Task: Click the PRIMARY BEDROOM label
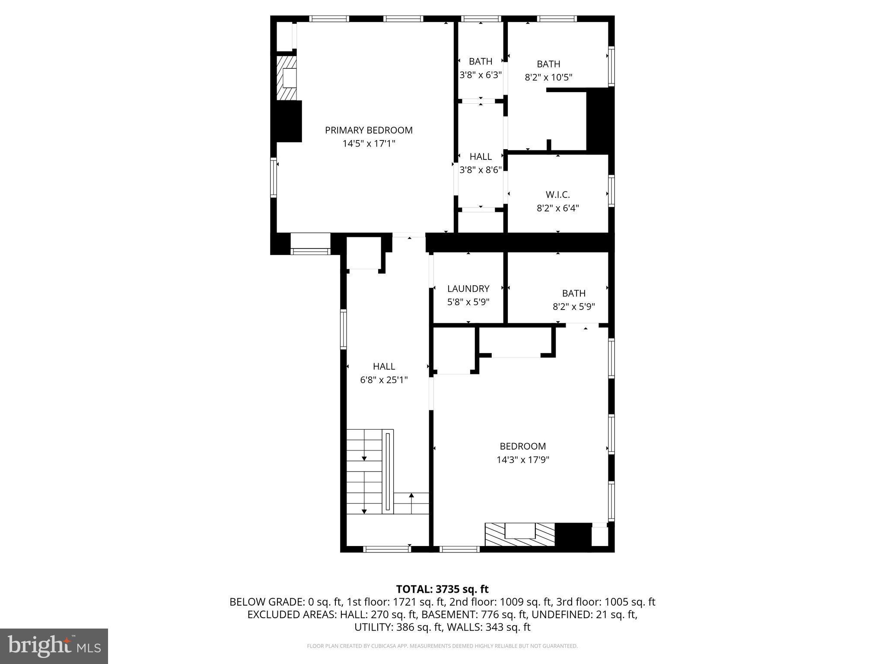pos(369,130)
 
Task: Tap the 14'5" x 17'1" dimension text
pos(369,144)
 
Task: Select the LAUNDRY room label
pos(468,288)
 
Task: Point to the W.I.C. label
pos(557,195)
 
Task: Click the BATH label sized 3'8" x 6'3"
pos(480,61)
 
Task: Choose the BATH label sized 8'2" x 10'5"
pos(548,64)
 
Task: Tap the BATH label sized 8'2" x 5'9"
pos(573,293)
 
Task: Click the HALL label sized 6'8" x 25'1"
pos(384,366)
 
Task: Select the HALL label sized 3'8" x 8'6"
pos(480,156)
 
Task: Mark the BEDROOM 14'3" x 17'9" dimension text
pos(522,460)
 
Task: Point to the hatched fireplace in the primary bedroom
pos(286,77)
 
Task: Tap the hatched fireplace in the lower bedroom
pos(519,537)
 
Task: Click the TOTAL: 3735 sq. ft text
pos(442,589)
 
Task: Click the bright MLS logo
pos(54,646)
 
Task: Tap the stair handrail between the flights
pos(388,472)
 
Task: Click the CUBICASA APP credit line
pos(442,646)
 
